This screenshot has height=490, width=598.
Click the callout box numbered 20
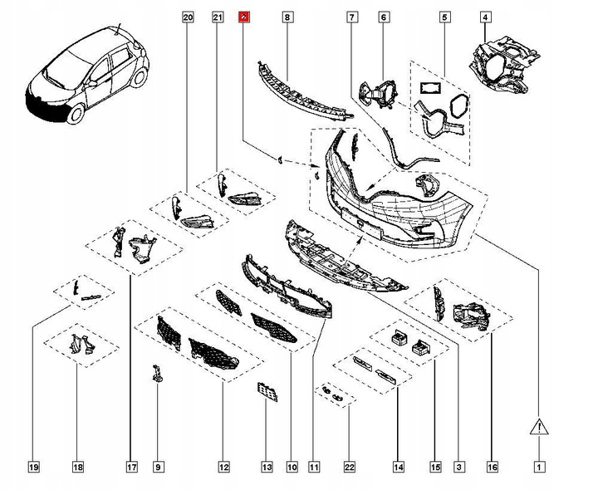pyautogui.click(x=187, y=17)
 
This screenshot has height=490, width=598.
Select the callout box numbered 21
pyautogui.click(x=217, y=17)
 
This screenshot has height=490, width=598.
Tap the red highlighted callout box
pyautogui.click(x=243, y=17)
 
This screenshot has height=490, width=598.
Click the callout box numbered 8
pyautogui.click(x=287, y=17)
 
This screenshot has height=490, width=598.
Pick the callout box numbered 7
pyautogui.click(x=352, y=17)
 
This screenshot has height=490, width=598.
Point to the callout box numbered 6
pyautogui.click(x=383, y=17)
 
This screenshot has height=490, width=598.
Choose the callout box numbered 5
pyautogui.click(x=444, y=17)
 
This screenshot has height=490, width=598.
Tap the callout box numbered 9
pyautogui.click(x=158, y=468)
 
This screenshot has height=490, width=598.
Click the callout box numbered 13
pyautogui.click(x=267, y=468)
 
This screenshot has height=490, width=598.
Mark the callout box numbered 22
pyautogui.click(x=349, y=468)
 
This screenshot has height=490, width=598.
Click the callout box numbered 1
pyautogui.click(x=539, y=468)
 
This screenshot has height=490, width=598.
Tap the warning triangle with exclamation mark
pyautogui.click(x=539, y=429)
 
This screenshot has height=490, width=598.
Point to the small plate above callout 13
pyautogui.click(x=267, y=391)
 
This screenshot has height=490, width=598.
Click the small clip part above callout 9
pyautogui.click(x=156, y=374)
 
